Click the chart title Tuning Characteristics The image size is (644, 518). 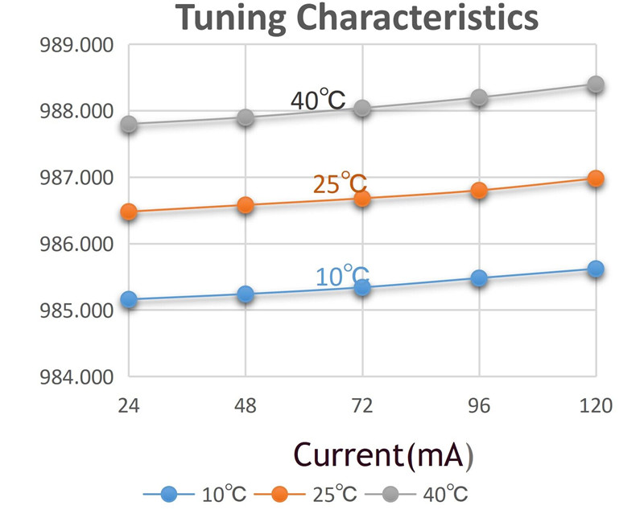(357, 17)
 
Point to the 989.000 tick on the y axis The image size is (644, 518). (76, 45)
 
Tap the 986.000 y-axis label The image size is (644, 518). (76, 244)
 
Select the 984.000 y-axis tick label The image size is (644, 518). (76, 376)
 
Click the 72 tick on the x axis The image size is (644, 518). (362, 405)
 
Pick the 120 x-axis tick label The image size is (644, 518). (596, 405)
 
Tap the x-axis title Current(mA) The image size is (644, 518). (384, 455)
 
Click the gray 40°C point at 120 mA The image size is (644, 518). (596, 84)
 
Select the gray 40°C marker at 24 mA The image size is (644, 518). (129, 124)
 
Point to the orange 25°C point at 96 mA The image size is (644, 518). (479, 191)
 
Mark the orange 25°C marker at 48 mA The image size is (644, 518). (246, 205)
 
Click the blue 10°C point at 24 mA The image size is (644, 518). (129, 299)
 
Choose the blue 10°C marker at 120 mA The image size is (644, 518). (596, 269)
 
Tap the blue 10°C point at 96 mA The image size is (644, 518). (479, 278)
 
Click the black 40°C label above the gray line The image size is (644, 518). (318, 99)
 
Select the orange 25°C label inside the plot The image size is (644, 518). (340, 183)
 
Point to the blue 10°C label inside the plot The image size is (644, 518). (343, 275)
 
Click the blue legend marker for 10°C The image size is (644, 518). (168, 494)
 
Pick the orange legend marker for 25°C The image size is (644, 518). (279, 494)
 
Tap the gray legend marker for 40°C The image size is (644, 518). (390, 494)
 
